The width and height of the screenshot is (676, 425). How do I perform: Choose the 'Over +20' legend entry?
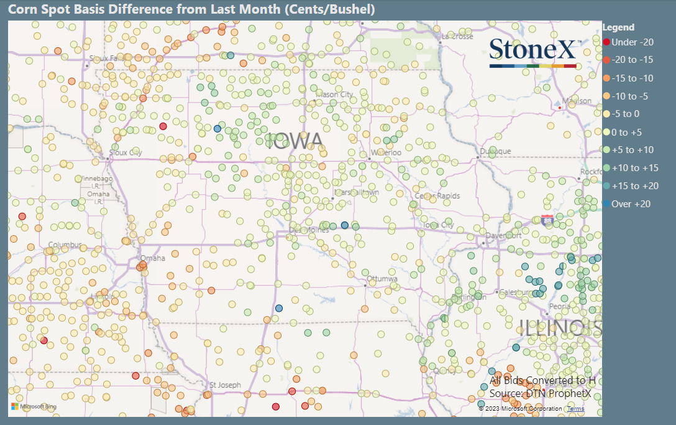(631, 204)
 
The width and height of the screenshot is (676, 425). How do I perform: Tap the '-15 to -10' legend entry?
(632, 78)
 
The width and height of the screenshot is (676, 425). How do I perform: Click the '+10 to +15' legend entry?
(634, 168)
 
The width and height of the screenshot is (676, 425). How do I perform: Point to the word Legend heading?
(618, 27)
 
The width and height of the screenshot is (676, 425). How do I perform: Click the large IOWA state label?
(295, 141)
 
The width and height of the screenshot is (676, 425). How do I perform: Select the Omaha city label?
(153, 258)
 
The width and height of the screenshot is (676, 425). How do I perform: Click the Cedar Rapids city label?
(437, 196)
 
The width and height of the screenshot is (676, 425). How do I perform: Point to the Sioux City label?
(126, 152)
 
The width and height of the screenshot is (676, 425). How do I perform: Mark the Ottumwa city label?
(381, 278)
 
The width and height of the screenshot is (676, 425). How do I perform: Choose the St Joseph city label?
(225, 385)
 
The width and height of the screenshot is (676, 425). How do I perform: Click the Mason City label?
(335, 94)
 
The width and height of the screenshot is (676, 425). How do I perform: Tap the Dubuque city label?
(495, 151)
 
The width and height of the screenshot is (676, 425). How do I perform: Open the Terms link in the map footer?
(575, 409)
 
